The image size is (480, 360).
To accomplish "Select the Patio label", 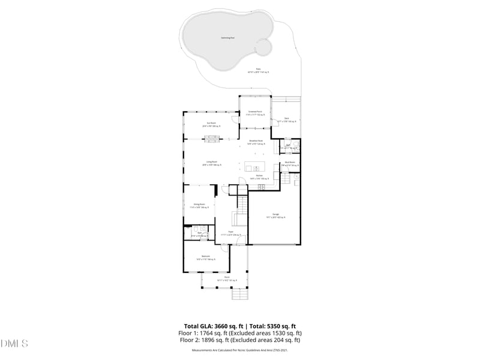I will click(258, 69).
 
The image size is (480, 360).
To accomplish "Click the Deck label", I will click(287, 118).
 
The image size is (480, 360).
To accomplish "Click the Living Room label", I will click(211, 162).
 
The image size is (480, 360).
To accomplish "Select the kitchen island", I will click(256, 168).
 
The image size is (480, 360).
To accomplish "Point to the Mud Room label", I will click(289, 163).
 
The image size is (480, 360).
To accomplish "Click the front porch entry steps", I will click(239, 295).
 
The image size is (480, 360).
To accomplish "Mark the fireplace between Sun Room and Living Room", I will click(211, 140).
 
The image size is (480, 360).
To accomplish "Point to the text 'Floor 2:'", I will click(190, 340).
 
